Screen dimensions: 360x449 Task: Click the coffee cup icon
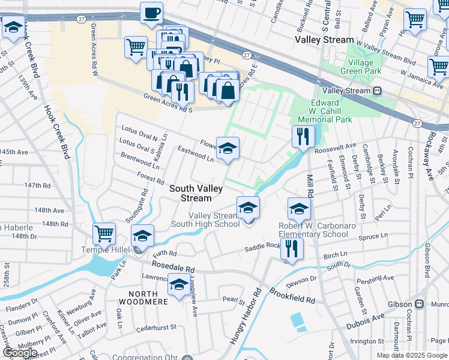pyautogui.click(x=151, y=13)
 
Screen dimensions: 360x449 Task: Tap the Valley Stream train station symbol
pyautogui.click(x=378, y=91)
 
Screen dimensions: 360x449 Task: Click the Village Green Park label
pyautogui.click(x=364, y=67)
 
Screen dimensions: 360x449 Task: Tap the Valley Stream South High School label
pyautogui.click(x=214, y=220)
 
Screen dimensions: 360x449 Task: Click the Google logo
pyautogui.click(x=20, y=353)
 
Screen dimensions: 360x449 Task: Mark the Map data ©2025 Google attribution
pyautogui.click(x=412, y=355)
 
